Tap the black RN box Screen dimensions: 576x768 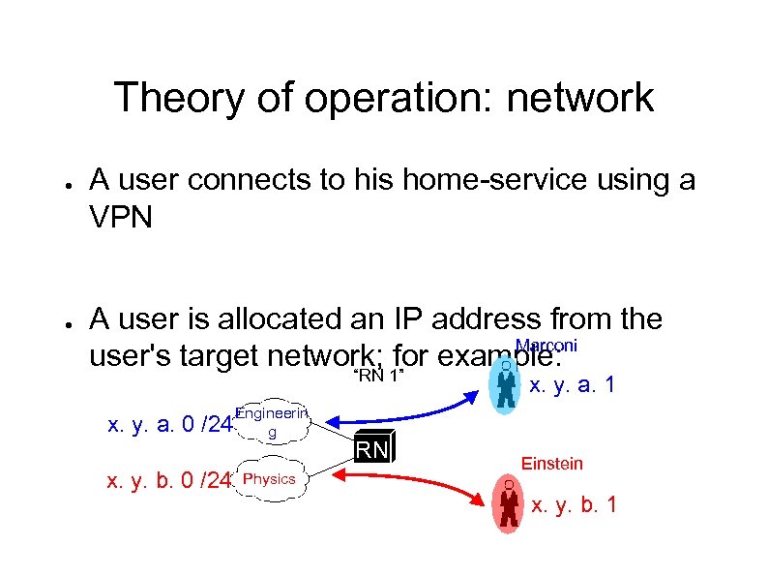(374, 448)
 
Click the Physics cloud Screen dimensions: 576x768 (271, 479)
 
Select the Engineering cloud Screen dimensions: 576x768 (272, 422)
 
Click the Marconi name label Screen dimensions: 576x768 (547, 347)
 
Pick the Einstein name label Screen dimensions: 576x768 (552, 464)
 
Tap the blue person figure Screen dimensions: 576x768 (505, 388)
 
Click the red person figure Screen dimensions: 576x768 (508, 503)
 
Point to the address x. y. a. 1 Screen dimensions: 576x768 (572, 385)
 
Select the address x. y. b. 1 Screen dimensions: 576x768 (575, 504)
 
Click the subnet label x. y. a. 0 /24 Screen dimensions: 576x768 (169, 423)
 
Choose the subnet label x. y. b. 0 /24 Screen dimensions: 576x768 (169, 480)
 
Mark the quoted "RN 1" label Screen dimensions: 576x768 (378, 376)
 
